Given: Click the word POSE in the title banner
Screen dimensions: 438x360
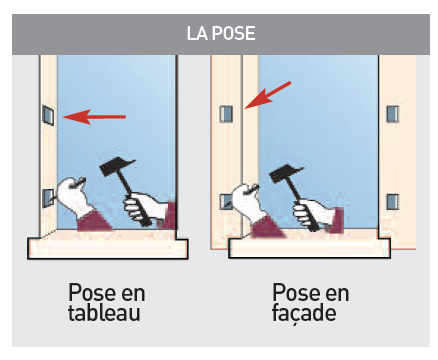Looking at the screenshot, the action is (234, 33).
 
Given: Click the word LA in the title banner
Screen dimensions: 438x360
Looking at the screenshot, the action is (197, 33).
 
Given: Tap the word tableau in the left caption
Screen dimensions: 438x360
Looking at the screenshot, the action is (104, 313).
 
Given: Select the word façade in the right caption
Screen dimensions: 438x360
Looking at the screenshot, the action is (304, 313).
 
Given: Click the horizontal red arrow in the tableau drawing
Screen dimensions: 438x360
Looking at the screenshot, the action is (94, 117).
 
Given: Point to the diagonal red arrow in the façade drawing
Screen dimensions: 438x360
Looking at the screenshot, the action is (268, 95).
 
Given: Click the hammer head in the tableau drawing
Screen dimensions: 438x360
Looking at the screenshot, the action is (117, 167).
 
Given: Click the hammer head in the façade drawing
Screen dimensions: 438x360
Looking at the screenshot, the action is (286, 173).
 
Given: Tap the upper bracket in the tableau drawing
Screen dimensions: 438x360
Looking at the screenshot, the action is (48, 115).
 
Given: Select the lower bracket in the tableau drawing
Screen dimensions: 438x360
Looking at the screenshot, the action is (48, 199).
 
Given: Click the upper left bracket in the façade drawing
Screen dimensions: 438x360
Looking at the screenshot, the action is (226, 114).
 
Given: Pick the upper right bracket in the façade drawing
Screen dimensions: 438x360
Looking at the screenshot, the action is (392, 114).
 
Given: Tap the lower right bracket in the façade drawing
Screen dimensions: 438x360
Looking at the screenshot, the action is (392, 202).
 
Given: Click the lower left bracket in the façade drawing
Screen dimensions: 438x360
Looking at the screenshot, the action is (225, 202).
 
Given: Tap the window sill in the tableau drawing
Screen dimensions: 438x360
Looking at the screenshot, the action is (108, 245).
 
